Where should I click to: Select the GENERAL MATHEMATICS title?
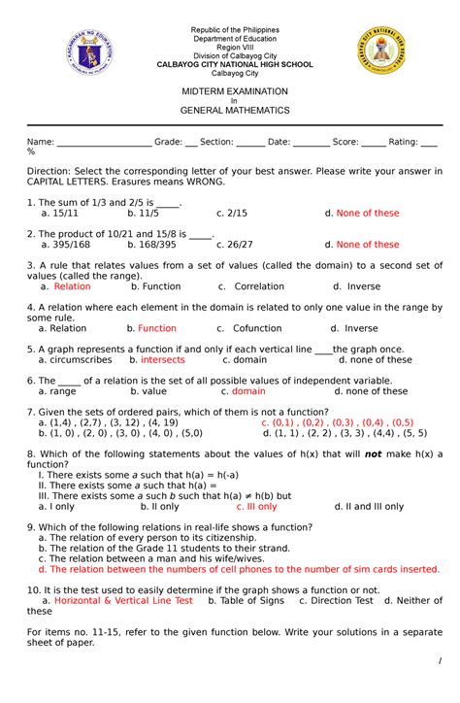coord(231,111)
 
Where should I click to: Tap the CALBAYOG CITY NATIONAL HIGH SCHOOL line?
coord(231,64)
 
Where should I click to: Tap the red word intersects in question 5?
coord(162,359)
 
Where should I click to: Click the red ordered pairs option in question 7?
coord(337,422)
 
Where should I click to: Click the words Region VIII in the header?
coord(231,48)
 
